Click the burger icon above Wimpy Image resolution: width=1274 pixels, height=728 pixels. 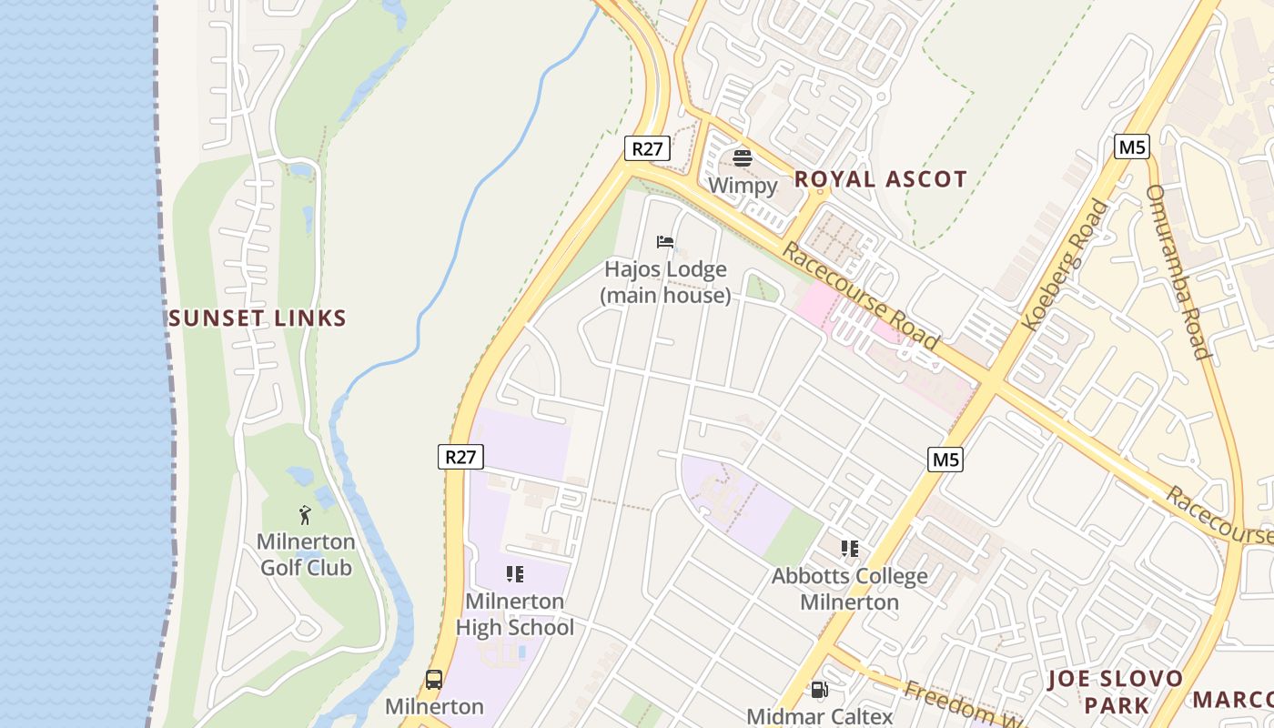743,157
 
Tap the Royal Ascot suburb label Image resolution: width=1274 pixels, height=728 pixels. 880,179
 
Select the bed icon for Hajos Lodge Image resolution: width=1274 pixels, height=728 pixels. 665,242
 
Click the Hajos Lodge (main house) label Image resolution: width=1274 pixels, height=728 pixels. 665,282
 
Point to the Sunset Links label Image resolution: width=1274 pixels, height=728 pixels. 258,318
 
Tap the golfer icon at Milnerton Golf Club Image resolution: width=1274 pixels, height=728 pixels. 305,516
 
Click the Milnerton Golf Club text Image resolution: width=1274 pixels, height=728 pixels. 306,555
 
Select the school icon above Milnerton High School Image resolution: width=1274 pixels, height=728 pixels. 515,574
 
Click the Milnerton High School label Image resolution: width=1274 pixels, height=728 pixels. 515,614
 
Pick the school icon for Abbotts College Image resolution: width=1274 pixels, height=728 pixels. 850,549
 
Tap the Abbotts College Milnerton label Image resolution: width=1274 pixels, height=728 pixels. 850,589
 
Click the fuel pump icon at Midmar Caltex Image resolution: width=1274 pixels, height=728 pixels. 819,691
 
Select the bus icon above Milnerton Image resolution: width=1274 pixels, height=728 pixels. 434,680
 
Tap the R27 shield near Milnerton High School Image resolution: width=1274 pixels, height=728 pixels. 460,456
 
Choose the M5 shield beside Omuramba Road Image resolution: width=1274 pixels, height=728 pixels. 1131,147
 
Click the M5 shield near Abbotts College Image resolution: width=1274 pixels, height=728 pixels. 945,460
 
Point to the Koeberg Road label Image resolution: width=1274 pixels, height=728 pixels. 1066,265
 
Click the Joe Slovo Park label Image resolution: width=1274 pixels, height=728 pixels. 1115,692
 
